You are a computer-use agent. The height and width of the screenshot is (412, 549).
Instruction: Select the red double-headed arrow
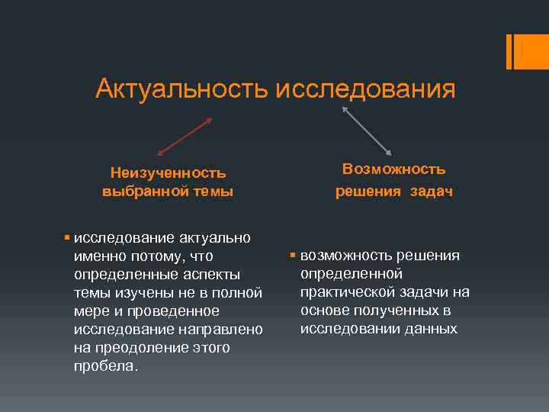coord(184,137)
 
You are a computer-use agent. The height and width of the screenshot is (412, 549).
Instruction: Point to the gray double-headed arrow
coord(367,130)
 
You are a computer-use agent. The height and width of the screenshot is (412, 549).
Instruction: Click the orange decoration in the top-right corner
coord(515,51)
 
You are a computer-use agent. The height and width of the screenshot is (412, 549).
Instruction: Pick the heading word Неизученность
coord(168,172)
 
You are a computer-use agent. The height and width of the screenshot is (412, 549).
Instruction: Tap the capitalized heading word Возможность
coord(393,169)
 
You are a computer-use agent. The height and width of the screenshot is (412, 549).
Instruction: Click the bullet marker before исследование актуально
coord(68,237)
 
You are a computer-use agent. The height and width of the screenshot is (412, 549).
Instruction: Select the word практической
coord(346,292)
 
